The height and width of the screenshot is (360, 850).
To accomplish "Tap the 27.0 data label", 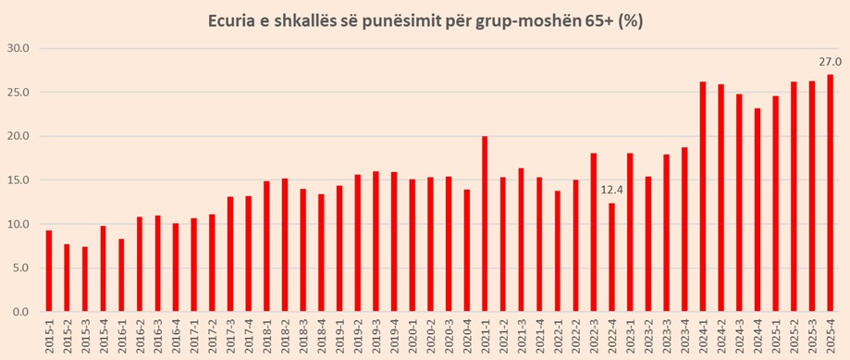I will (x=830, y=62).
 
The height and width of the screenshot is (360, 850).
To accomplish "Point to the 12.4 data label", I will (x=611, y=190).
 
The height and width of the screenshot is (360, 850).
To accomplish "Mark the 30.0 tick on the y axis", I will (x=18, y=48).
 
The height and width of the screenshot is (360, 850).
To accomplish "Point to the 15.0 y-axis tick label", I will (x=18, y=180).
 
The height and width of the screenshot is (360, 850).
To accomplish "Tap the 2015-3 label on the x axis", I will (x=85, y=336).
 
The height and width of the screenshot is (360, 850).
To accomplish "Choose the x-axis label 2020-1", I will (x=412, y=336).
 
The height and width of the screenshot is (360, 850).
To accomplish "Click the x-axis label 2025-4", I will (x=830, y=336).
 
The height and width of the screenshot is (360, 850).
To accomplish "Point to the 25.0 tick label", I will (x=18, y=93).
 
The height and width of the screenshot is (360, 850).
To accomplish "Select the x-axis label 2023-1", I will (x=630, y=336).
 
